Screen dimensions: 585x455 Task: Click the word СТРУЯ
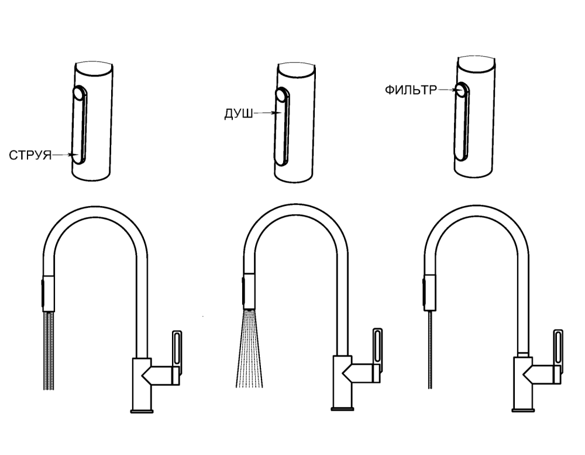30,155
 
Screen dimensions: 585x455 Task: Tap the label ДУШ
239,114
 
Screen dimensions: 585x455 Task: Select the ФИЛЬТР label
411,90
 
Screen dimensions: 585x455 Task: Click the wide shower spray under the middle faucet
249,348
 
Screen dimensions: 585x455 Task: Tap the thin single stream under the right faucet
431,350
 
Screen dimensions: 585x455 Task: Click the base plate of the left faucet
142,411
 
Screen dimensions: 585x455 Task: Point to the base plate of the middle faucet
342,409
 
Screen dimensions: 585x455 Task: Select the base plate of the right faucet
523,410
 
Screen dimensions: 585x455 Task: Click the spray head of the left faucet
48,293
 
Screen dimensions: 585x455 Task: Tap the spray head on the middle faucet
249,292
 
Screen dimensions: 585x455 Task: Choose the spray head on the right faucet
429,293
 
